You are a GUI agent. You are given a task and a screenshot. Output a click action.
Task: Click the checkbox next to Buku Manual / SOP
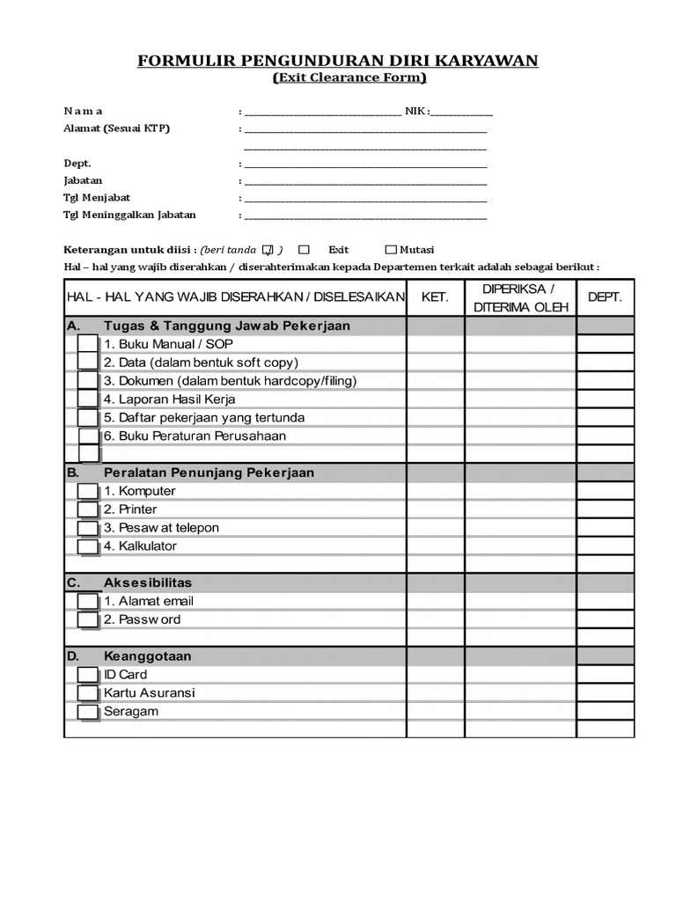tap(88, 344)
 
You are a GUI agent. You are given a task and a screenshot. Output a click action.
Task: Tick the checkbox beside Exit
tap(305, 250)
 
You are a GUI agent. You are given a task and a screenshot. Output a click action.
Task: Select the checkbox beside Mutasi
tap(392, 250)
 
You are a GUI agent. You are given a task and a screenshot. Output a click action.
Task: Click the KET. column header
tap(435, 297)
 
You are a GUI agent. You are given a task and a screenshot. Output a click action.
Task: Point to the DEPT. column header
tap(605, 297)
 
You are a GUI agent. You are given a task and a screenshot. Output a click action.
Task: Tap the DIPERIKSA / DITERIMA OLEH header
tap(520, 297)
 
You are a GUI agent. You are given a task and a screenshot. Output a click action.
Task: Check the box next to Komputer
tap(88, 491)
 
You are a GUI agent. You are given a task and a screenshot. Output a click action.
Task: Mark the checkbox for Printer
tap(88, 509)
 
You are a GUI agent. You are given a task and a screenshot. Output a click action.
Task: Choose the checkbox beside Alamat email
tap(88, 601)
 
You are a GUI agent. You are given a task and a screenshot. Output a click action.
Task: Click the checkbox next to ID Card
tap(88, 675)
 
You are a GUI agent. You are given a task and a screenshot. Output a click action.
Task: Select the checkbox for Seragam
tap(88, 712)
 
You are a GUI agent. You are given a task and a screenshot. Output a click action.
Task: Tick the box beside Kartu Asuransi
tap(88, 693)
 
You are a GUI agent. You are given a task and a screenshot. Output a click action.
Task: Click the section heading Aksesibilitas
tap(148, 582)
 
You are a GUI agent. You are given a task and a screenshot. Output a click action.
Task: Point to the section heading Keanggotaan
tap(148, 656)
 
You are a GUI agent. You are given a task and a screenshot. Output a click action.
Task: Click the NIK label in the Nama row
tap(415, 112)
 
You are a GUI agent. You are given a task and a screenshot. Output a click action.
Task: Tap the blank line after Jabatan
tap(365, 181)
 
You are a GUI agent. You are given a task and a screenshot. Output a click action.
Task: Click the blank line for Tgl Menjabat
tap(365, 198)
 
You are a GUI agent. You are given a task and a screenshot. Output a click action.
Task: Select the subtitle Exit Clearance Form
tap(349, 78)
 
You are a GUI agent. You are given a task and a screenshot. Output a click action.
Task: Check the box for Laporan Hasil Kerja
tap(88, 399)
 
